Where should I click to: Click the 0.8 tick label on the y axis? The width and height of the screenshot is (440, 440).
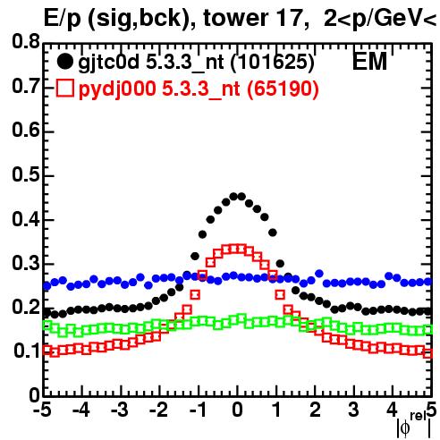click(x=26, y=42)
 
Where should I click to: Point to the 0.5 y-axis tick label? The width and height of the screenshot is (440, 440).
click(x=26, y=174)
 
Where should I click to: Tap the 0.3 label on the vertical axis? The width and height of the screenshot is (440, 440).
click(x=26, y=263)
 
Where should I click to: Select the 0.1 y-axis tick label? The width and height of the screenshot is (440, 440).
click(x=27, y=351)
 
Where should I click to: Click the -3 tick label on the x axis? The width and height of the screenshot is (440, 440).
click(x=120, y=410)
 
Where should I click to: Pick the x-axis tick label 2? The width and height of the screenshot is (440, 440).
click(x=315, y=410)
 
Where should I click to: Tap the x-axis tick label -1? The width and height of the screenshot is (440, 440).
click(x=198, y=410)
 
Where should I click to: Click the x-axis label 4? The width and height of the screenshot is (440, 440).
click(x=392, y=410)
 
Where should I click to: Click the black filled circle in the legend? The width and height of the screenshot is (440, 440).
click(x=64, y=62)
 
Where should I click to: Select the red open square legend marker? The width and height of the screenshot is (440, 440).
click(x=64, y=88)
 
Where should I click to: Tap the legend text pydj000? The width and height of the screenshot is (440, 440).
click(x=117, y=89)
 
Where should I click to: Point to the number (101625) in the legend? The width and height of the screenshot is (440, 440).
click(x=273, y=63)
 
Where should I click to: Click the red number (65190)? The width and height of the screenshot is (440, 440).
click(x=283, y=89)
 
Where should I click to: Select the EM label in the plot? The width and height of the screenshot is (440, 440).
click(x=369, y=62)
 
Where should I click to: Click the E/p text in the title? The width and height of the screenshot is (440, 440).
click(x=62, y=19)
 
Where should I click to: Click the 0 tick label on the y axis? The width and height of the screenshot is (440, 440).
click(x=34, y=395)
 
